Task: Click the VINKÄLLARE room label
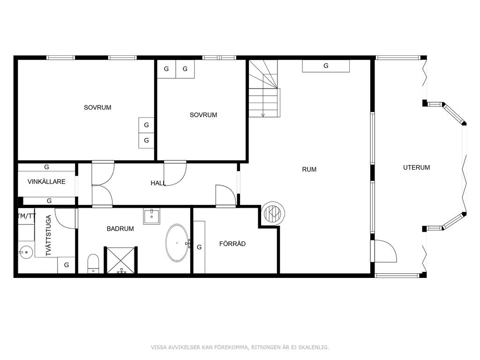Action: coord(46,181)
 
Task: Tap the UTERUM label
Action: coord(416,167)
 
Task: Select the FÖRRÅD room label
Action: coord(232,244)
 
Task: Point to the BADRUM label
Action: coord(120,229)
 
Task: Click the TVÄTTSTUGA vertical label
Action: coord(48,235)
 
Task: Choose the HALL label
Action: coord(158,183)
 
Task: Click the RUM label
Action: coord(309,169)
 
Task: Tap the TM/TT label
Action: coord(26,216)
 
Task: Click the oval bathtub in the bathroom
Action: coord(177,243)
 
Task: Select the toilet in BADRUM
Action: coord(93,263)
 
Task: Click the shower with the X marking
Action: coord(121,260)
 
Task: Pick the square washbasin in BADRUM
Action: coord(151,217)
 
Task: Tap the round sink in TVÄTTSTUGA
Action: coord(25,253)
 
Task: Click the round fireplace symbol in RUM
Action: coord(272,212)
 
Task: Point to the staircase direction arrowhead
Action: coord(263,115)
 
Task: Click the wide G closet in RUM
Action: coord(326,66)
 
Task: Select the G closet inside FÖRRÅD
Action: coord(199,247)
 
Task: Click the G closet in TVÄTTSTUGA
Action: coord(67,265)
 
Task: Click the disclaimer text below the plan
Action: coord(240,347)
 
